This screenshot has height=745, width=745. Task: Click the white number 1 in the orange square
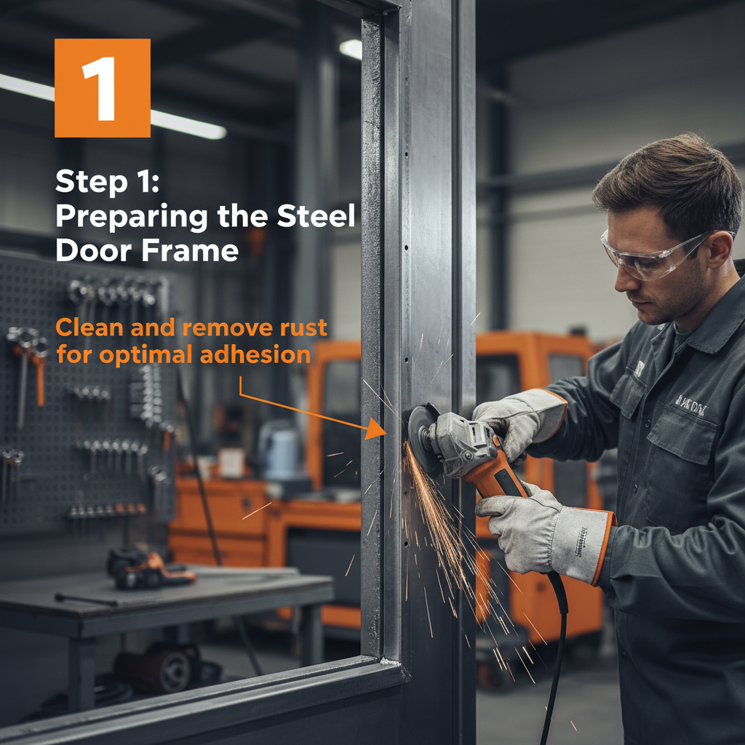101,88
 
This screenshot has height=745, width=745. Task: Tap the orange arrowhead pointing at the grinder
377,429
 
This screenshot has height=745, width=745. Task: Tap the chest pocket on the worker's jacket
684,437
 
